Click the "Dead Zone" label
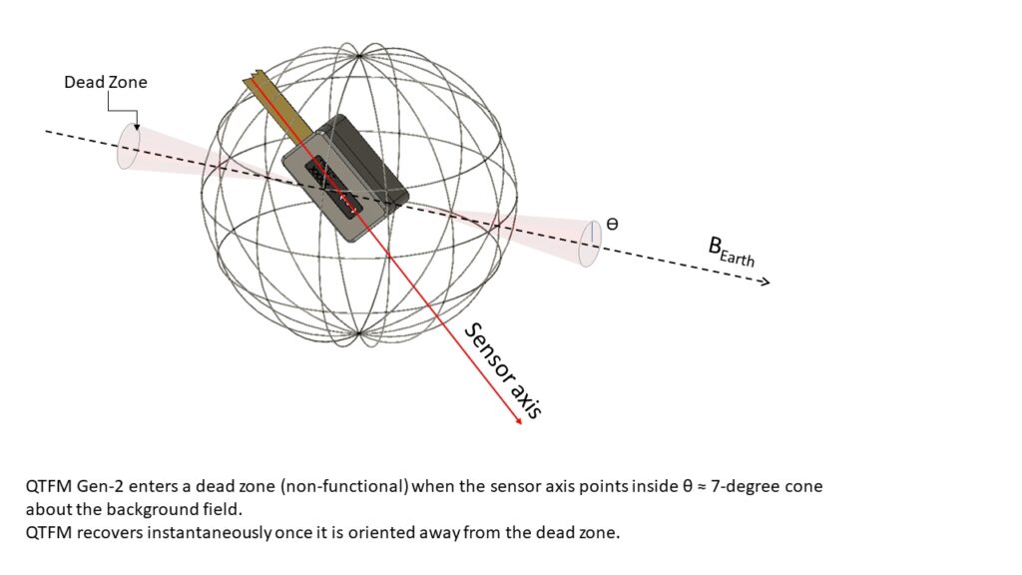[106, 82]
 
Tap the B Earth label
[732, 253]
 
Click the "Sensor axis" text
[503, 370]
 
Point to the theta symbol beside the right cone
[612, 224]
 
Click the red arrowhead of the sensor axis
[518, 420]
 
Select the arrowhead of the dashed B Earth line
[766, 282]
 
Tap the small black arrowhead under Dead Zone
[136, 126]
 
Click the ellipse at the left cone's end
[129, 146]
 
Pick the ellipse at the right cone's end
[591, 244]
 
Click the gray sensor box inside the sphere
[345, 179]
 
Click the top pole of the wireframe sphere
[359, 56]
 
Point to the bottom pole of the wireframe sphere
[359, 333]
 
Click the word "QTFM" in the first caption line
[49, 486]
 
